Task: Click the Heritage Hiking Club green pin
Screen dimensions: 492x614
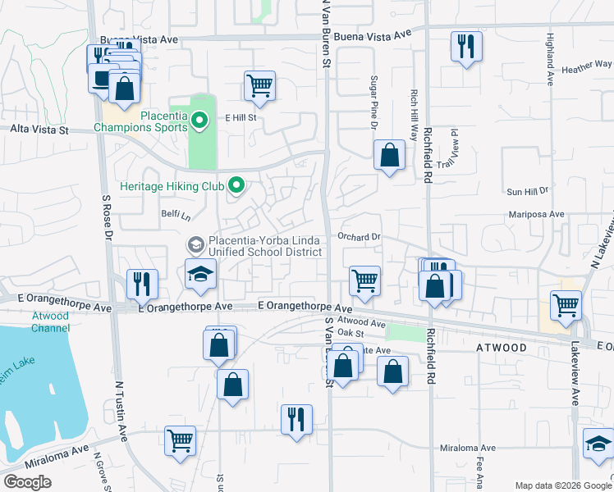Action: point(236,186)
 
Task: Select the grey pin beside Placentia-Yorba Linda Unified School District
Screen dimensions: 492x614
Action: point(195,244)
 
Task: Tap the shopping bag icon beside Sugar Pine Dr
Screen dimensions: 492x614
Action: point(389,154)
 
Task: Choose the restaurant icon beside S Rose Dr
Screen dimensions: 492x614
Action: point(141,284)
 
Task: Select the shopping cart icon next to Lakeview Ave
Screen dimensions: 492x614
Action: point(566,304)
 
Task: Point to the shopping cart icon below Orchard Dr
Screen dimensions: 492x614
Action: point(364,280)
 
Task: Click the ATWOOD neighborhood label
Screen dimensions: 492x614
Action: point(501,348)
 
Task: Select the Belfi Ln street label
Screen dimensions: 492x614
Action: point(176,216)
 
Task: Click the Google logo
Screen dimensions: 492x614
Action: point(28,482)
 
